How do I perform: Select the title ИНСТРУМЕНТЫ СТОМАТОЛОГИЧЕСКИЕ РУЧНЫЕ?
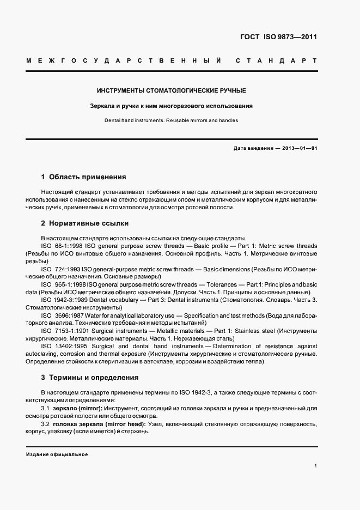tap(171, 90)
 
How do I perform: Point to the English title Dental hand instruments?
tap(171, 120)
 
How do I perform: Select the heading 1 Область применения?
tap(83, 177)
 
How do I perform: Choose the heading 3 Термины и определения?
tap(90, 377)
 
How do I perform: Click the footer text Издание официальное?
tap(57, 454)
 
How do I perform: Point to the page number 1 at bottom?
tap(315, 466)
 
